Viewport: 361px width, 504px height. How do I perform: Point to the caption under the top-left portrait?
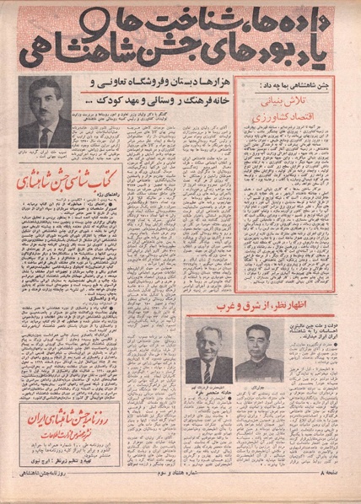[x=47, y=153]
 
